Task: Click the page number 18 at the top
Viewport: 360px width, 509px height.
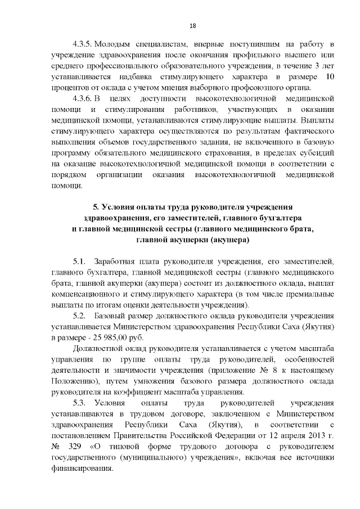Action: (192, 26)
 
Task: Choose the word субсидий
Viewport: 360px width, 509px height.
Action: (316, 152)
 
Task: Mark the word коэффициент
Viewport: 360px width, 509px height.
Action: (121, 392)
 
